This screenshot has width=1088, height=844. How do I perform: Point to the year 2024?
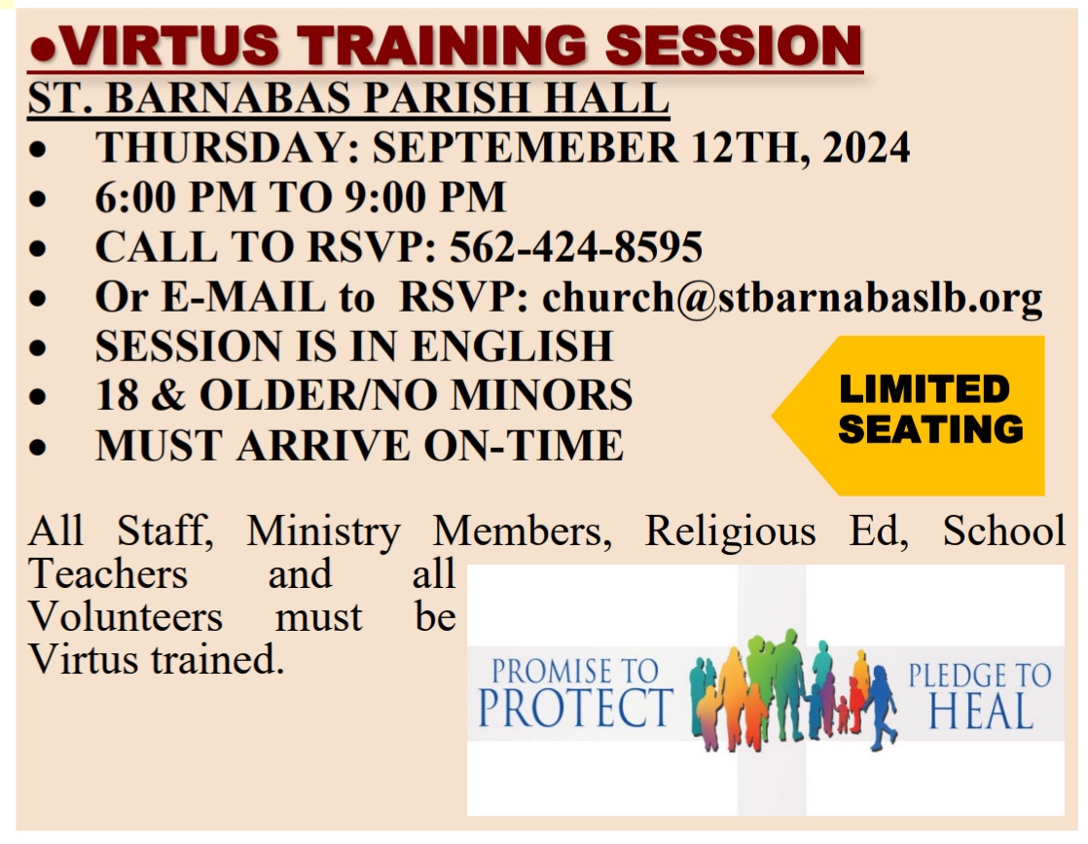[x=866, y=148]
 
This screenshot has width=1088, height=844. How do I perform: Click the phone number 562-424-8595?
[x=575, y=247]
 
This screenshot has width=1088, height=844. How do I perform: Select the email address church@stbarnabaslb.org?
[x=792, y=298]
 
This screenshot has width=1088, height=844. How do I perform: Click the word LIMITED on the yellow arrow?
[x=925, y=389]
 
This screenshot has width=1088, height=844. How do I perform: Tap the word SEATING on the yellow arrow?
[x=930, y=428]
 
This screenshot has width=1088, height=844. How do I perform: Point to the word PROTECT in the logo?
[x=575, y=709]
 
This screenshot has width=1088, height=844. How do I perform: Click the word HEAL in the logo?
[x=980, y=712]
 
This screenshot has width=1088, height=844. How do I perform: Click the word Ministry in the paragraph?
[x=323, y=532]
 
